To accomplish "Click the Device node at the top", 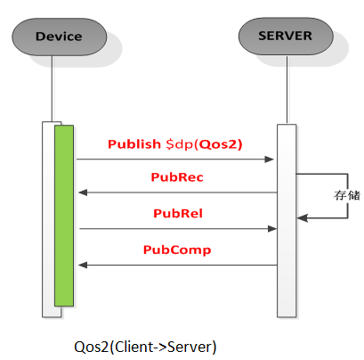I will [59, 37].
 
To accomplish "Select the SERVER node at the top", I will [286, 37].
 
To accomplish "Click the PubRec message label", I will [178, 177].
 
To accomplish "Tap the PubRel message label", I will [175, 214].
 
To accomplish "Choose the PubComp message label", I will [177, 250].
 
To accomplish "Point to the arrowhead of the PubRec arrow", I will [82, 192].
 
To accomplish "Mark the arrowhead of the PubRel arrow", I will [271, 229].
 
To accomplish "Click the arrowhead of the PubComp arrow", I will [82, 265].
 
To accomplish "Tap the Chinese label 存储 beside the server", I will [347, 195].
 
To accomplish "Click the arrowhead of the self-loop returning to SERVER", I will [301, 217].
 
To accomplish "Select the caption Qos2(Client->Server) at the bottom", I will [146, 345].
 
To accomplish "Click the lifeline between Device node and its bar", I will [52, 89].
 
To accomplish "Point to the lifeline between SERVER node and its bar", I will [286, 89].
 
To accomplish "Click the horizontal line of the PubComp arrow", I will [178, 265].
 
